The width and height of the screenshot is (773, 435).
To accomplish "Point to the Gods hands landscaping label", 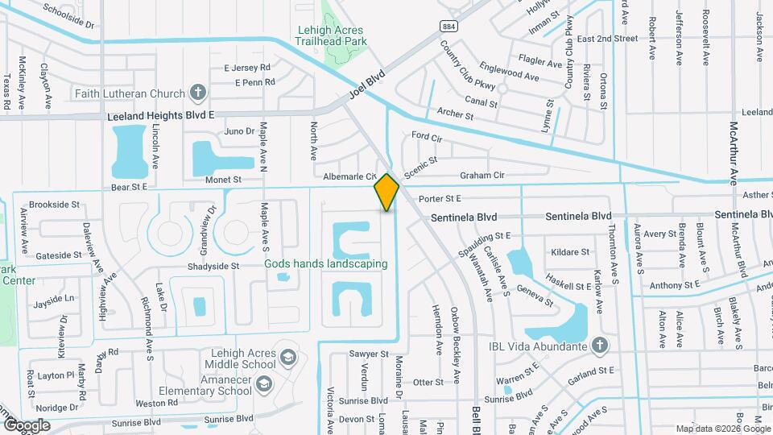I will (326, 263).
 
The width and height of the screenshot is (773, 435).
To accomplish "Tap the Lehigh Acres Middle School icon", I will (287, 356).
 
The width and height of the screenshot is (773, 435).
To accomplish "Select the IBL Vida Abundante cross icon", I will (598, 346).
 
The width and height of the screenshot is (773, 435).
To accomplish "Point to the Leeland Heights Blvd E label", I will (161, 116).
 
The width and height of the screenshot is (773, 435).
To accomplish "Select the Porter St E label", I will (439, 198).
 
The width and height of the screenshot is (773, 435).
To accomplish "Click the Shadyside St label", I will (213, 266).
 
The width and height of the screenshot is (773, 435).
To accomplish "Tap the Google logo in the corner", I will (27, 425).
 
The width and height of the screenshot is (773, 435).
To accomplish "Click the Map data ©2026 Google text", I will (722, 429).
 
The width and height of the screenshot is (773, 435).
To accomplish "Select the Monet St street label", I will (223, 180).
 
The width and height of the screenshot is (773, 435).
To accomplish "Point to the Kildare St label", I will (564, 252).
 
